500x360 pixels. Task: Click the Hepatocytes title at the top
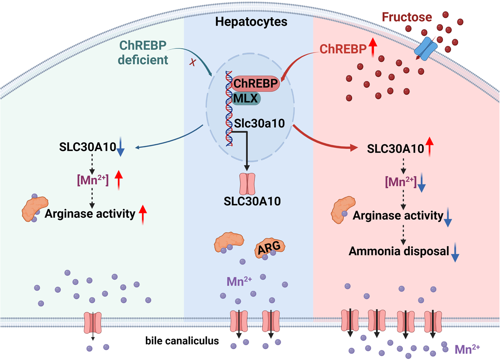[251, 21]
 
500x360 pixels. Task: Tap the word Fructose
[407, 17]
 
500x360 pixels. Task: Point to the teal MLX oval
[246, 99]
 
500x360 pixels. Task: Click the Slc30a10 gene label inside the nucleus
[259, 123]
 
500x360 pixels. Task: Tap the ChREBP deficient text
[143, 52]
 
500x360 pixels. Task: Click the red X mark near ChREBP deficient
[193, 62]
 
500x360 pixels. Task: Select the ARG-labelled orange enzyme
[269, 248]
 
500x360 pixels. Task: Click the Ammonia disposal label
[399, 251]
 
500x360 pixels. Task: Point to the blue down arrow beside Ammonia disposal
[455, 253]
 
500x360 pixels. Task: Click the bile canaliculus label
[182, 340]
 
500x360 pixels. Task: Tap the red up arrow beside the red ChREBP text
[373, 47]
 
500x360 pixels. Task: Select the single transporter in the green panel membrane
[93, 323]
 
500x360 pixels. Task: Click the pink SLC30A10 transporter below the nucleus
[247, 184]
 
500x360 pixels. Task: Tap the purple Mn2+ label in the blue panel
[239, 281]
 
